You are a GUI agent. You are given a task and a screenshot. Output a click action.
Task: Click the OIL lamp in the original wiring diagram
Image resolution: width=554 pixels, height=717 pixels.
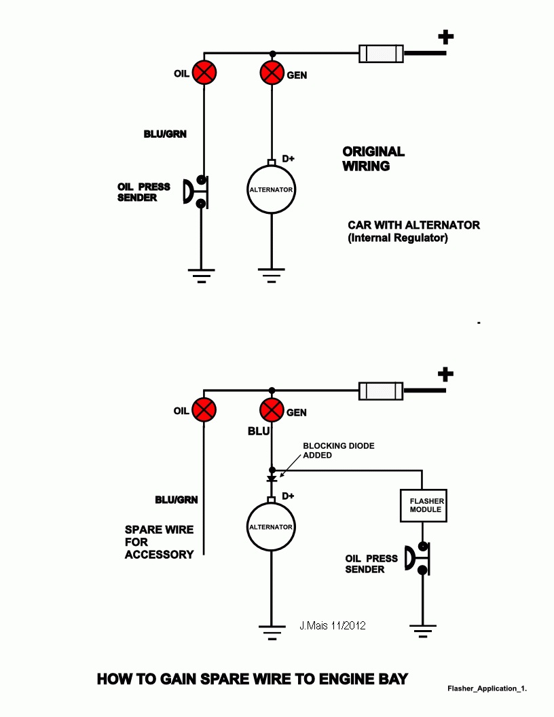(204, 73)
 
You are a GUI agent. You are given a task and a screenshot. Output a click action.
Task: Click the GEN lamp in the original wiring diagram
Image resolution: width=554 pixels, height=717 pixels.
(272, 73)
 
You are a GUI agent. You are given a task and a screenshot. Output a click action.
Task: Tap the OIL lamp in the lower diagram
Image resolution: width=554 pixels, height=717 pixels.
(204, 410)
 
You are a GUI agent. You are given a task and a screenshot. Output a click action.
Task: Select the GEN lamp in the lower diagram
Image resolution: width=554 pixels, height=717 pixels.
(272, 410)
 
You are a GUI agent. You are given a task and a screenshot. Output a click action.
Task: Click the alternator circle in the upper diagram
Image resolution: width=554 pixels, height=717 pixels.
(272, 189)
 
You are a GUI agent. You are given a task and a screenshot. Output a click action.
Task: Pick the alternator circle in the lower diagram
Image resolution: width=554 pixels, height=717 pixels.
(272, 527)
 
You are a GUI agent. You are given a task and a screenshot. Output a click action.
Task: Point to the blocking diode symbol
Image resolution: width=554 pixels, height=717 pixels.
(272, 479)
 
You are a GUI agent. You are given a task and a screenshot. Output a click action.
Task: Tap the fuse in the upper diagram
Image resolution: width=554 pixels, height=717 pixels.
(380, 53)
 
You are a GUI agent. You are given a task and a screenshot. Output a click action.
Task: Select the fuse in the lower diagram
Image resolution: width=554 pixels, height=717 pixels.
(380, 390)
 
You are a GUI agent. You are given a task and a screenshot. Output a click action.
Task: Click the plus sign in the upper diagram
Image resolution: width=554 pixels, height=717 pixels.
(446, 37)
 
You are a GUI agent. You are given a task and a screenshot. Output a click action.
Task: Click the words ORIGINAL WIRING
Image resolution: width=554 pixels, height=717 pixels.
(373, 158)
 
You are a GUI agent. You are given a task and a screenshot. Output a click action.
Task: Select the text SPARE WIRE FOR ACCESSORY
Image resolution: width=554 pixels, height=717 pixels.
(159, 542)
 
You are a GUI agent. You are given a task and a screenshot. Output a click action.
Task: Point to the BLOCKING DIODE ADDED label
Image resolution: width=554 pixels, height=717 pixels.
(338, 450)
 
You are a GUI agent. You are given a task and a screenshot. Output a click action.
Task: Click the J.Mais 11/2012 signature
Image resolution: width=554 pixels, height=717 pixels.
(332, 625)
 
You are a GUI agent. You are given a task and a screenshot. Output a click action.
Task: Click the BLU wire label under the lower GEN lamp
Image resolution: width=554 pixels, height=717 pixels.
(259, 431)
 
